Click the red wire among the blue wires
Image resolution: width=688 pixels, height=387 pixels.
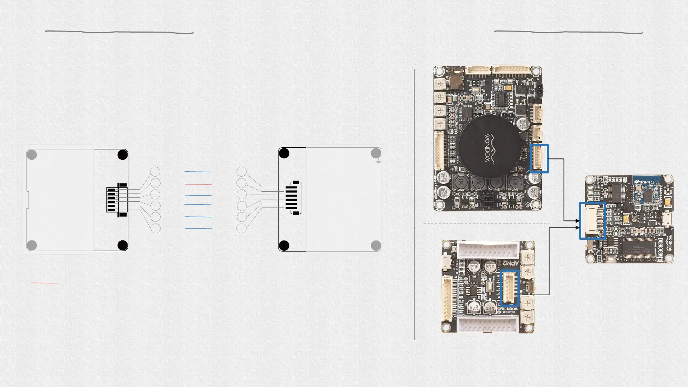(x=198, y=184)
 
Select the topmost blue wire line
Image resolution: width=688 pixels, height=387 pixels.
(x=198, y=172)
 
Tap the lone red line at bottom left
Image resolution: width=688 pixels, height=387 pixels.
(x=44, y=283)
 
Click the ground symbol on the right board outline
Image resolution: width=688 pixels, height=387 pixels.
(x=378, y=162)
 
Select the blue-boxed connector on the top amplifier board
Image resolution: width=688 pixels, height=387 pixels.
(x=539, y=159)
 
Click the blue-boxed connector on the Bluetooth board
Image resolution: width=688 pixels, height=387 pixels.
(x=593, y=221)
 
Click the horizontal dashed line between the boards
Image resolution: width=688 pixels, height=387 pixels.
(x=486, y=224)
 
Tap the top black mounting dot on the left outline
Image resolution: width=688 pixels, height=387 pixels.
(x=123, y=155)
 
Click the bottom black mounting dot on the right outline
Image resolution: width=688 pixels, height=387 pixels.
(x=284, y=246)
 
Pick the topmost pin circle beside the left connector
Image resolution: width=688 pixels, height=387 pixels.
(x=155, y=172)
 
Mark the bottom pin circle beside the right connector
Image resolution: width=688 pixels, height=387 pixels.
(x=242, y=228)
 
